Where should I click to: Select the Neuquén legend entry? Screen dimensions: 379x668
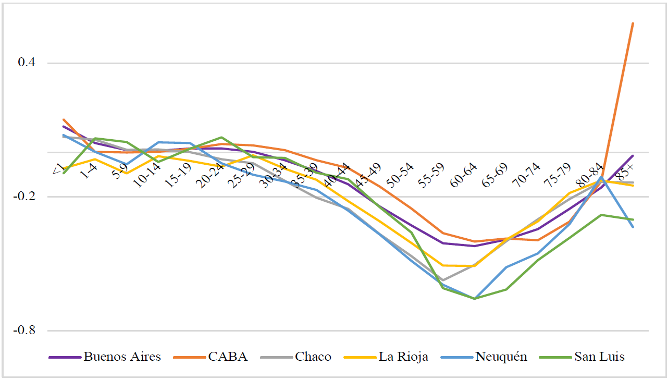coord(501,357)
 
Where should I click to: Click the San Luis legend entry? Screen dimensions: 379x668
coord(599,357)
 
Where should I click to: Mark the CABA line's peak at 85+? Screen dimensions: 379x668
coord(633,23)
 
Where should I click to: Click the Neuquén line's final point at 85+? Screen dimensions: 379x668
coord(633,227)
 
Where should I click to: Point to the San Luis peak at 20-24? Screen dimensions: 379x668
coord(221,137)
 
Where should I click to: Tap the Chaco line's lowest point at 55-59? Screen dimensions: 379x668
coord(443,280)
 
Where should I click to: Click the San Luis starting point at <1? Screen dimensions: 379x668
coord(63,173)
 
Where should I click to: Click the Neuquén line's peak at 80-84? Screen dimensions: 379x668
coord(601,177)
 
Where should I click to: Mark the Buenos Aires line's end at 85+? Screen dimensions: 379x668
coord(633,156)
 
